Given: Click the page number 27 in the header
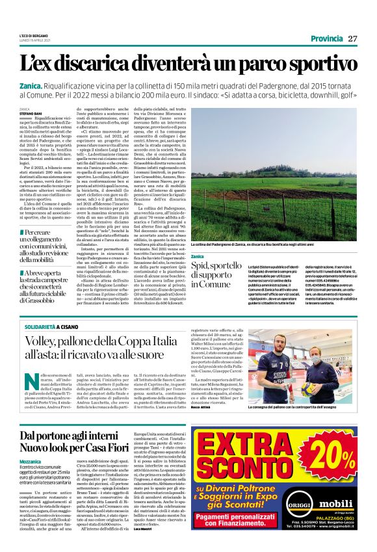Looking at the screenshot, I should [x=352, y=38].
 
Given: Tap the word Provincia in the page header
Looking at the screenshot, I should [x=326, y=38].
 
